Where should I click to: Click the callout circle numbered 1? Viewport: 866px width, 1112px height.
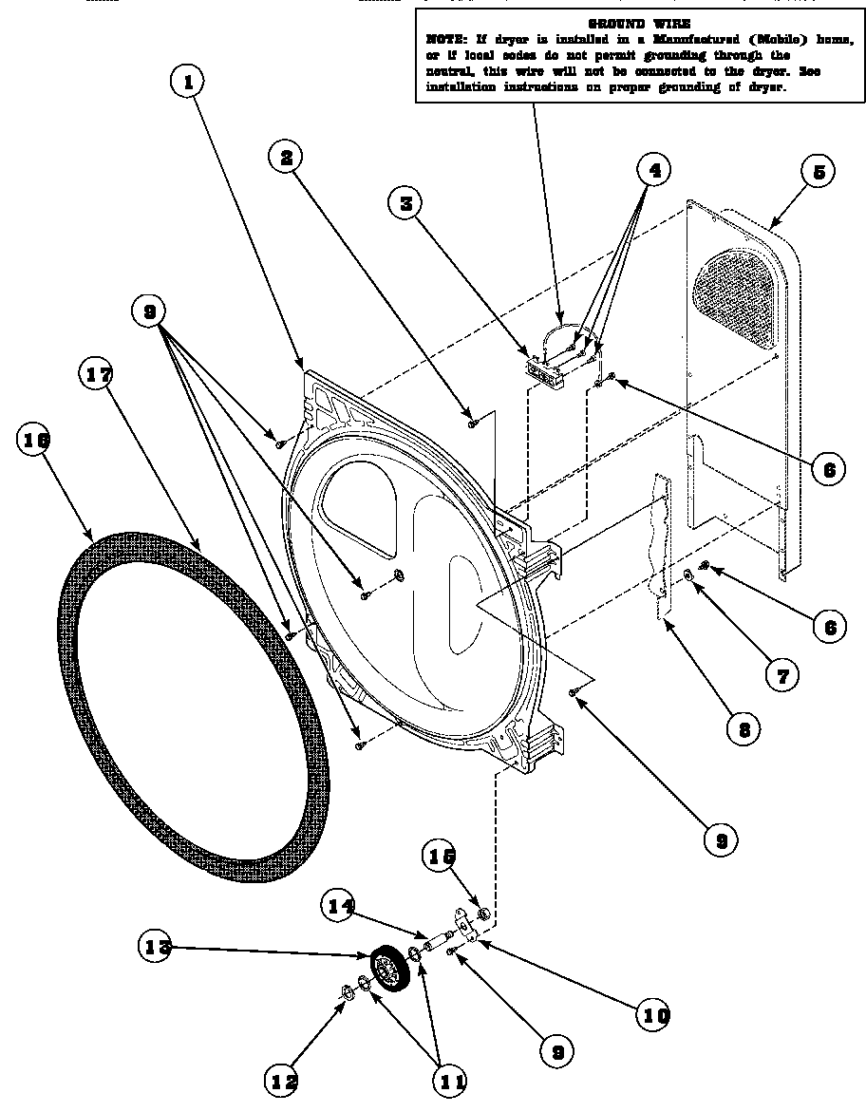point(189,83)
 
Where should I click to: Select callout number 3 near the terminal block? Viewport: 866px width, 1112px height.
point(405,202)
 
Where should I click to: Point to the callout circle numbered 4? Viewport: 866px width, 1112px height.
point(652,171)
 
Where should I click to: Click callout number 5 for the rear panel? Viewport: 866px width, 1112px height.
point(818,172)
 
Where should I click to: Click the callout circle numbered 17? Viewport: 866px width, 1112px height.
point(96,375)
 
